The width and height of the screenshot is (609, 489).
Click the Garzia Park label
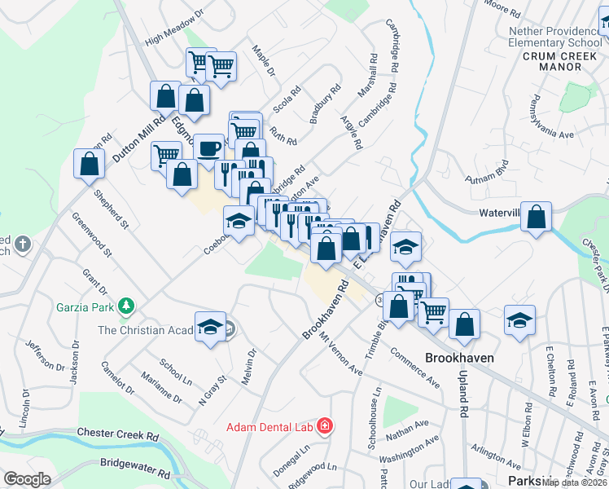click(84, 307)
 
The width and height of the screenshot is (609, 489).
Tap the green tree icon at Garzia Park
click(125, 306)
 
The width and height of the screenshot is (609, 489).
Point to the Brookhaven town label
click(459, 358)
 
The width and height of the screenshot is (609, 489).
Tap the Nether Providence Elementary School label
click(555, 37)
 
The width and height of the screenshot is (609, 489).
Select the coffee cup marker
click(209, 148)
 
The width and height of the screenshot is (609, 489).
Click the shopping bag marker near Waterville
click(536, 217)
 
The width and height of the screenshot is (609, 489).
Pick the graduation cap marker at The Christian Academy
click(210, 327)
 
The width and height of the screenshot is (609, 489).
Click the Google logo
click(27, 479)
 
